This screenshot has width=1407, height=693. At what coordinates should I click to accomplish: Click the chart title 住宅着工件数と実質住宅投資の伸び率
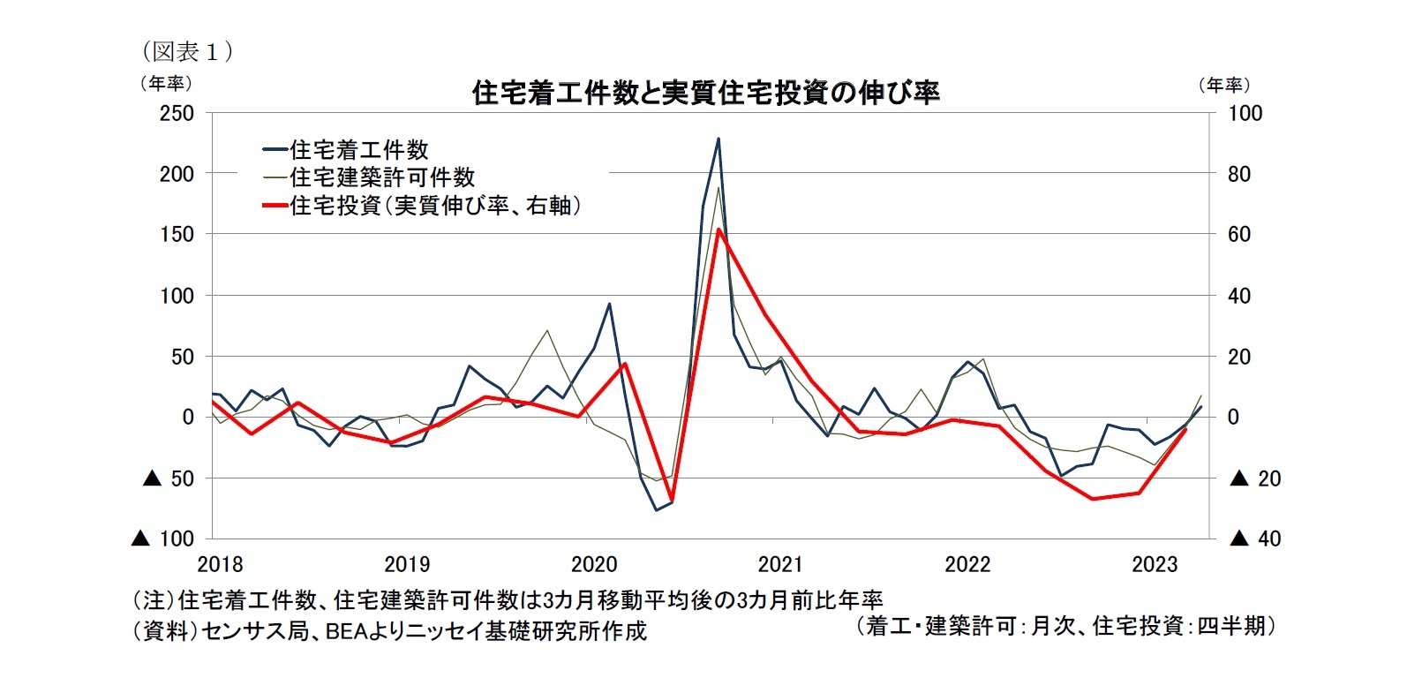[706, 92]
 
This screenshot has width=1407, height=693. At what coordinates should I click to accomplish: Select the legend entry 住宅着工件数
[358, 150]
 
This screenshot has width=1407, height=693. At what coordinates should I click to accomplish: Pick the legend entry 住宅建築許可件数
[381, 177]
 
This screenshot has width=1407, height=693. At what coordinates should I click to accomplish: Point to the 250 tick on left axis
[177, 114]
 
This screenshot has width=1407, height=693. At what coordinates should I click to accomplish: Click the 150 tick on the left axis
[177, 235]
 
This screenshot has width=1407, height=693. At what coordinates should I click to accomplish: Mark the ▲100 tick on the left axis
[163, 539]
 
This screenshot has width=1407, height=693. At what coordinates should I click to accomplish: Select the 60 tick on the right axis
[1239, 235]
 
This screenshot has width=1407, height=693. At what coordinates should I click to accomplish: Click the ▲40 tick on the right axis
[1255, 539]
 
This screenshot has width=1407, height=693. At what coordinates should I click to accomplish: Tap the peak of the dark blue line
[719, 139]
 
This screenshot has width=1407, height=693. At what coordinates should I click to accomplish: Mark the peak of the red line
[719, 230]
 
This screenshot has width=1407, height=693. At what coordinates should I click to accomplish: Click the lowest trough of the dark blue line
[656, 509]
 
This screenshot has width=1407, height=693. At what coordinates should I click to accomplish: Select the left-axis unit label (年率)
[165, 83]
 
